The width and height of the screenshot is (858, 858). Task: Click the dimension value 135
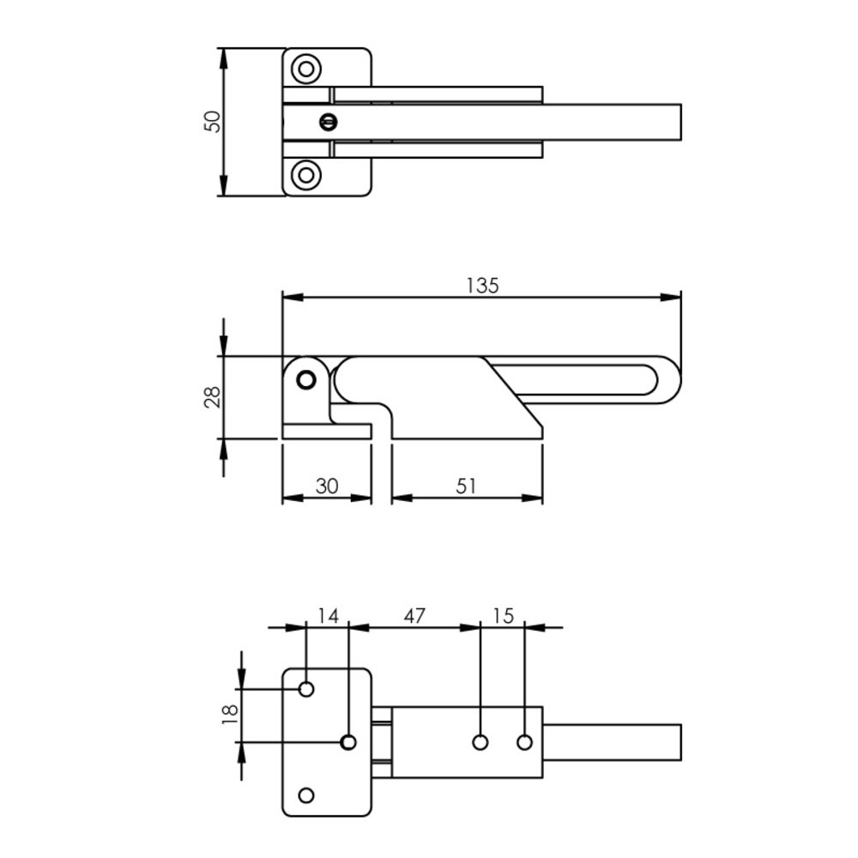(482, 286)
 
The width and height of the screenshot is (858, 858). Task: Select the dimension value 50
(213, 121)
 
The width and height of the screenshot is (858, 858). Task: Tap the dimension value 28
(213, 396)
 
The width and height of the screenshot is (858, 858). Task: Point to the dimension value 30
(326, 486)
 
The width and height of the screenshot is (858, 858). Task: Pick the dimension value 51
(466, 486)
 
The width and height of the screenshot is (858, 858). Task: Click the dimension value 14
(328, 615)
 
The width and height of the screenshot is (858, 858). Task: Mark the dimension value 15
(503, 615)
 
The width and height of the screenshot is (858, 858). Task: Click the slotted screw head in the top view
(326, 122)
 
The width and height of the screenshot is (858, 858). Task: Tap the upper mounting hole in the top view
(305, 69)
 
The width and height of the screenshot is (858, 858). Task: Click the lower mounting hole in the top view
(305, 175)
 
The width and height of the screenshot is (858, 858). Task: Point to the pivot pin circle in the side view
(305, 379)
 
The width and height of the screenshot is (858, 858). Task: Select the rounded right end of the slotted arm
(669, 379)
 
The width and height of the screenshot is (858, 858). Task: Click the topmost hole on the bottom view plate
(306, 689)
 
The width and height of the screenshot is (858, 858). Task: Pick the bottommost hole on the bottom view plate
(306, 795)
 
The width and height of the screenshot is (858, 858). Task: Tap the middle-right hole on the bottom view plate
(348, 742)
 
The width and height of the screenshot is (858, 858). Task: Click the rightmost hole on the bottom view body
(524, 742)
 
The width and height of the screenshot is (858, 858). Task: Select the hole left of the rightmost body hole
(480, 742)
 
